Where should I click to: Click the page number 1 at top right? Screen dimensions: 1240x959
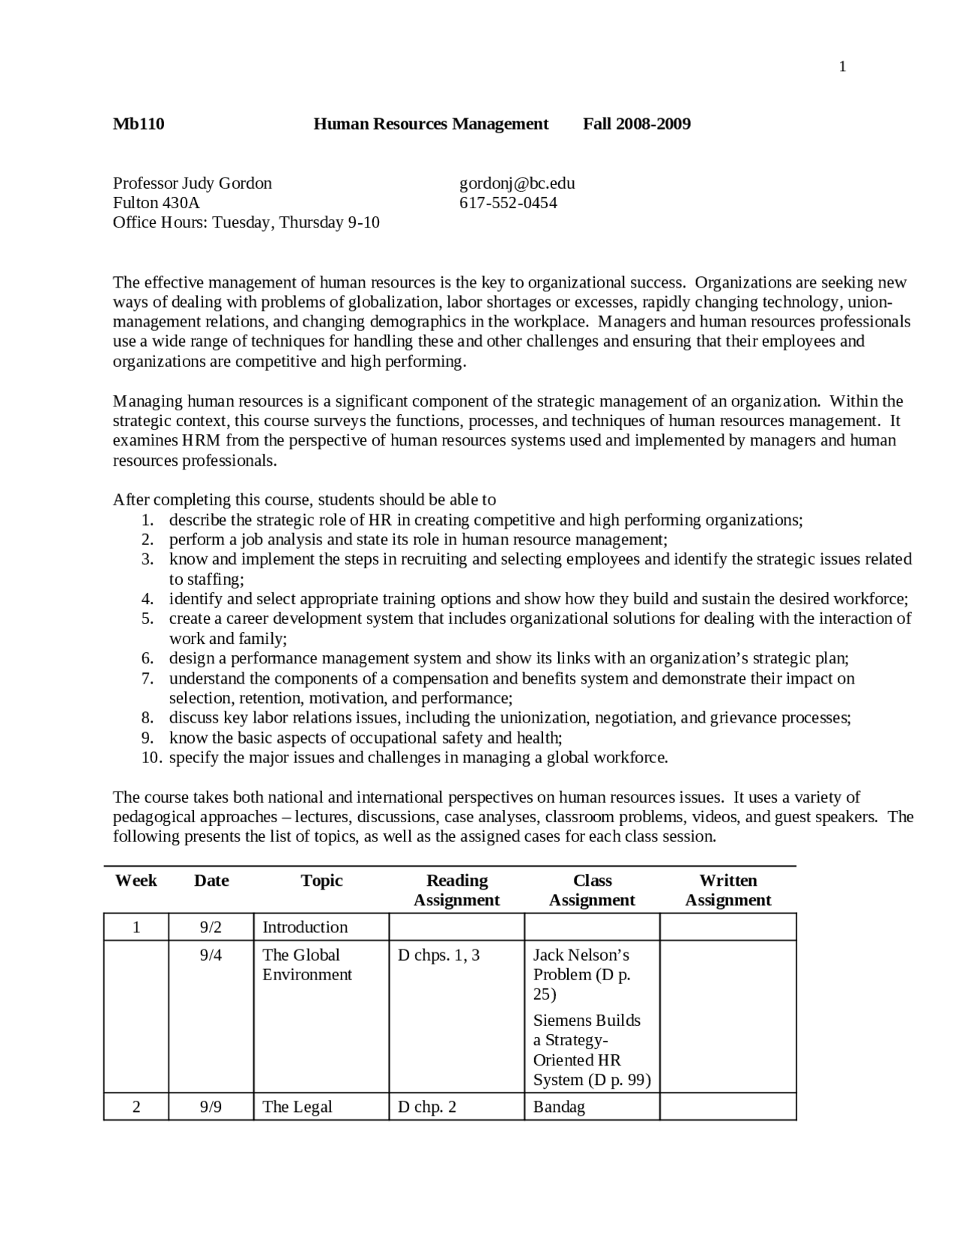[842, 67]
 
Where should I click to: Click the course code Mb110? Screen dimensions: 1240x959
[139, 124]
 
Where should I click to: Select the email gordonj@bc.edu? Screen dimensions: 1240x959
[517, 183]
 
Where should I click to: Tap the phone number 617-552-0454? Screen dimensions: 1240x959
[508, 203]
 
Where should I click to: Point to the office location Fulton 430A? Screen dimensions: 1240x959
[156, 203]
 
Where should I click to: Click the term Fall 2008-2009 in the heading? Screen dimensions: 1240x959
[637, 124]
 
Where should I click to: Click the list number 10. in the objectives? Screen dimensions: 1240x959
[152, 757]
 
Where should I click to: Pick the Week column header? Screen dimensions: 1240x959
[136, 881]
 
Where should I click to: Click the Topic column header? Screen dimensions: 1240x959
[321, 881]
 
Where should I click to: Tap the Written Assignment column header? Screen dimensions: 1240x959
[727, 890]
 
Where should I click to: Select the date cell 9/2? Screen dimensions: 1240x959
[211, 927]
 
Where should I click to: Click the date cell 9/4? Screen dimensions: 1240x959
[211, 955]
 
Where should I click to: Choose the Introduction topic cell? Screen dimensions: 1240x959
[305, 927]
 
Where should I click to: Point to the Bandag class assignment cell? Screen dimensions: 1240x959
[559, 1107]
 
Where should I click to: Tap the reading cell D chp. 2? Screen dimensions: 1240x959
[426, 1107]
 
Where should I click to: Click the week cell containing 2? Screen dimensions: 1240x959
[136, 1107]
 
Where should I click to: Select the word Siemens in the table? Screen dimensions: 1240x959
[560, 1021]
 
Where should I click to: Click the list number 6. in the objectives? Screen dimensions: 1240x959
[148, 658]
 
